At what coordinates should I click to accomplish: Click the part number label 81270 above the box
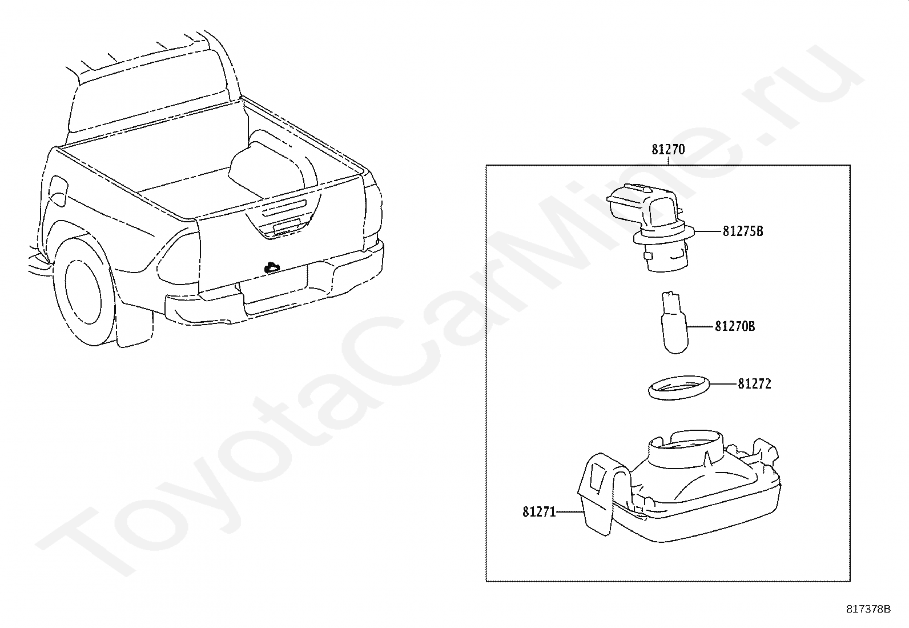[668, 150]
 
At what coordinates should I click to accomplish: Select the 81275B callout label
[743, 231]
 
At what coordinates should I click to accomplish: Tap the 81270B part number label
[735, 326]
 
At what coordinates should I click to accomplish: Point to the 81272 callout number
[754, 384]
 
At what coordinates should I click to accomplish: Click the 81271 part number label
[539, 512]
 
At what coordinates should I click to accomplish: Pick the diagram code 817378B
[868, 609]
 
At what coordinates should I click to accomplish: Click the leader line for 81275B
[708, 231]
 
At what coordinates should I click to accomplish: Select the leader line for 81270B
[701, 326]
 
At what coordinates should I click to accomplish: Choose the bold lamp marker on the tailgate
[271, 267]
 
